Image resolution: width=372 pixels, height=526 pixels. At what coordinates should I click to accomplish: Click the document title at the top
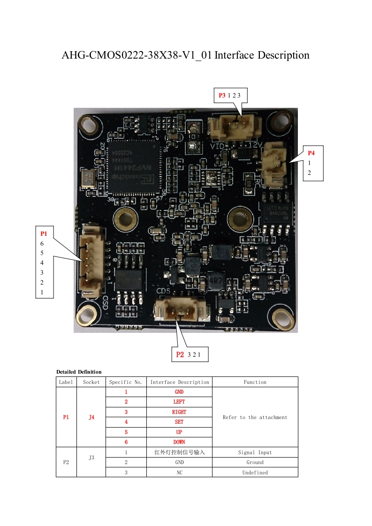[x=185, y=55]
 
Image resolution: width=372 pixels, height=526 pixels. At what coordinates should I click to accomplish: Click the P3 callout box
[x=230, y=96]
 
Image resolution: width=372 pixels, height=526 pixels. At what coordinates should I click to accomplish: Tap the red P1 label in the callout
[x=44, y=233]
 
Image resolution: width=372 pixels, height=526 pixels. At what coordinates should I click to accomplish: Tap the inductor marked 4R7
[x=215, y=280]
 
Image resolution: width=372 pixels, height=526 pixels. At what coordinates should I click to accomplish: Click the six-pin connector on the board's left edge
[x=90, y=261]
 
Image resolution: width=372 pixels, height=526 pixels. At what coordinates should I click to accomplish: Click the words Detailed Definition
[x=79, y=372]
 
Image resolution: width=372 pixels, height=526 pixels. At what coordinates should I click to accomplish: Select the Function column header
[x=255, y=382]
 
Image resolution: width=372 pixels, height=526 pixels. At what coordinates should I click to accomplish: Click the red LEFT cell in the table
[x=179, y=402]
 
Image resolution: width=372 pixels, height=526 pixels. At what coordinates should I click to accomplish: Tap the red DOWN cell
[x=179, y=442]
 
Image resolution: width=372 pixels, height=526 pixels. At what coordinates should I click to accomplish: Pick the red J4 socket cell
[x=91, y=417]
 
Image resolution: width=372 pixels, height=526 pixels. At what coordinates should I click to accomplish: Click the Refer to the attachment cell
[x=255, y=417]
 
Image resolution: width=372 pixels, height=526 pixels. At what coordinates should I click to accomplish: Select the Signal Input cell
[x=255, y=452]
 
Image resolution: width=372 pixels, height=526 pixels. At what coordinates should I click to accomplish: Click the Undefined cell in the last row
[x=255, y=473]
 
